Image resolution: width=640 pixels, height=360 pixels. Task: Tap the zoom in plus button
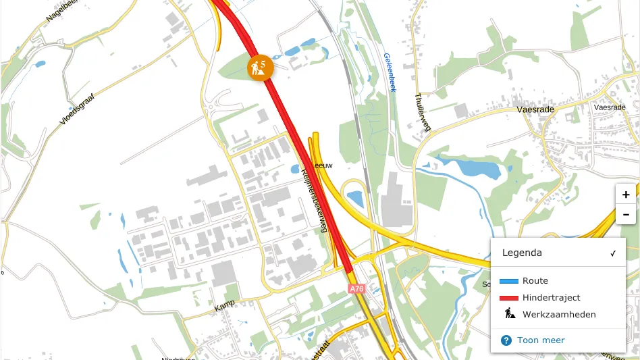pos(626,194)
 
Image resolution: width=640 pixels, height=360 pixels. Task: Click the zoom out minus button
pos(626,215)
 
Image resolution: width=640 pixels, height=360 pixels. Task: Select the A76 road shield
pos(356,288)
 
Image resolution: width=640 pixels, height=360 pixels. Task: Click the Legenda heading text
pos(521,253)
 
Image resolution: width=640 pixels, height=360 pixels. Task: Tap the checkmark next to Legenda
pos(613,253)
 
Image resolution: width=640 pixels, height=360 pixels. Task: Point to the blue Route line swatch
pos(508,281)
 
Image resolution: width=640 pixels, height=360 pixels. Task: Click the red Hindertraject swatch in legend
pos(508,298)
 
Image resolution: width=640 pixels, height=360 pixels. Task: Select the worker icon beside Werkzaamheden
pos(509,314)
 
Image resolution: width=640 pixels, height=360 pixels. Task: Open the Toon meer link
pos(541,340)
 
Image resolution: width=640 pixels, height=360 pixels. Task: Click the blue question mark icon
pos(506,340)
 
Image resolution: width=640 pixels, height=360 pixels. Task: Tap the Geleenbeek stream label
pos(389,72)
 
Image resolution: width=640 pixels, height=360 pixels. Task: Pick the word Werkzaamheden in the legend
pos(559,315)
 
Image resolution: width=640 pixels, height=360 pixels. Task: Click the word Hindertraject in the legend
pos(551,298)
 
